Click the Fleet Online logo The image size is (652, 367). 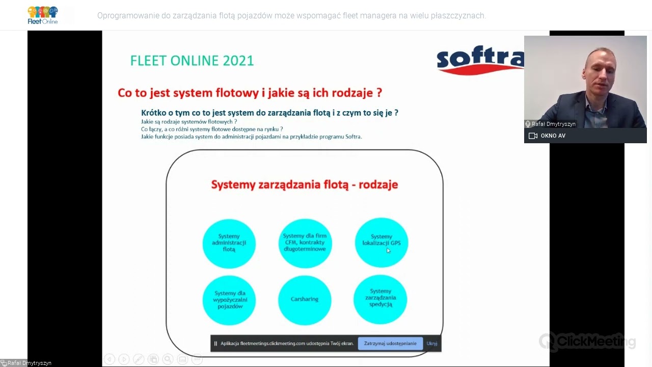pos(43,15)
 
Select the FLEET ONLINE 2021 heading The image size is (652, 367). pos(192,61)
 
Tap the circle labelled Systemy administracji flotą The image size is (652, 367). pos(229,243)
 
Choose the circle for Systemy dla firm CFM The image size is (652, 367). pos(305,243)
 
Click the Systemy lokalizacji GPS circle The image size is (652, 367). pos(381,242)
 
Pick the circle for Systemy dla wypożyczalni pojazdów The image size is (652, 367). pos(229,300)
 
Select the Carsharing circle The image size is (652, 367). pos(305,299)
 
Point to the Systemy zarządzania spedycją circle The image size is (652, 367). pos(381,299)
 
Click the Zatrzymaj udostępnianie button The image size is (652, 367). pos(390,344)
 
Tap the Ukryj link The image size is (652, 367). pos(432,344)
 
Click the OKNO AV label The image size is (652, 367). pos(553,136)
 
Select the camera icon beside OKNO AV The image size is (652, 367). pos(533,136)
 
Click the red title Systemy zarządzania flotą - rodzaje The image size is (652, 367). pos(305,185)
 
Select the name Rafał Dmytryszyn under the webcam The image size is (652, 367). pos(553,124)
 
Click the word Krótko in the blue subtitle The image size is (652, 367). pos(155,113)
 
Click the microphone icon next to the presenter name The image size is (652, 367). pos(528,124)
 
